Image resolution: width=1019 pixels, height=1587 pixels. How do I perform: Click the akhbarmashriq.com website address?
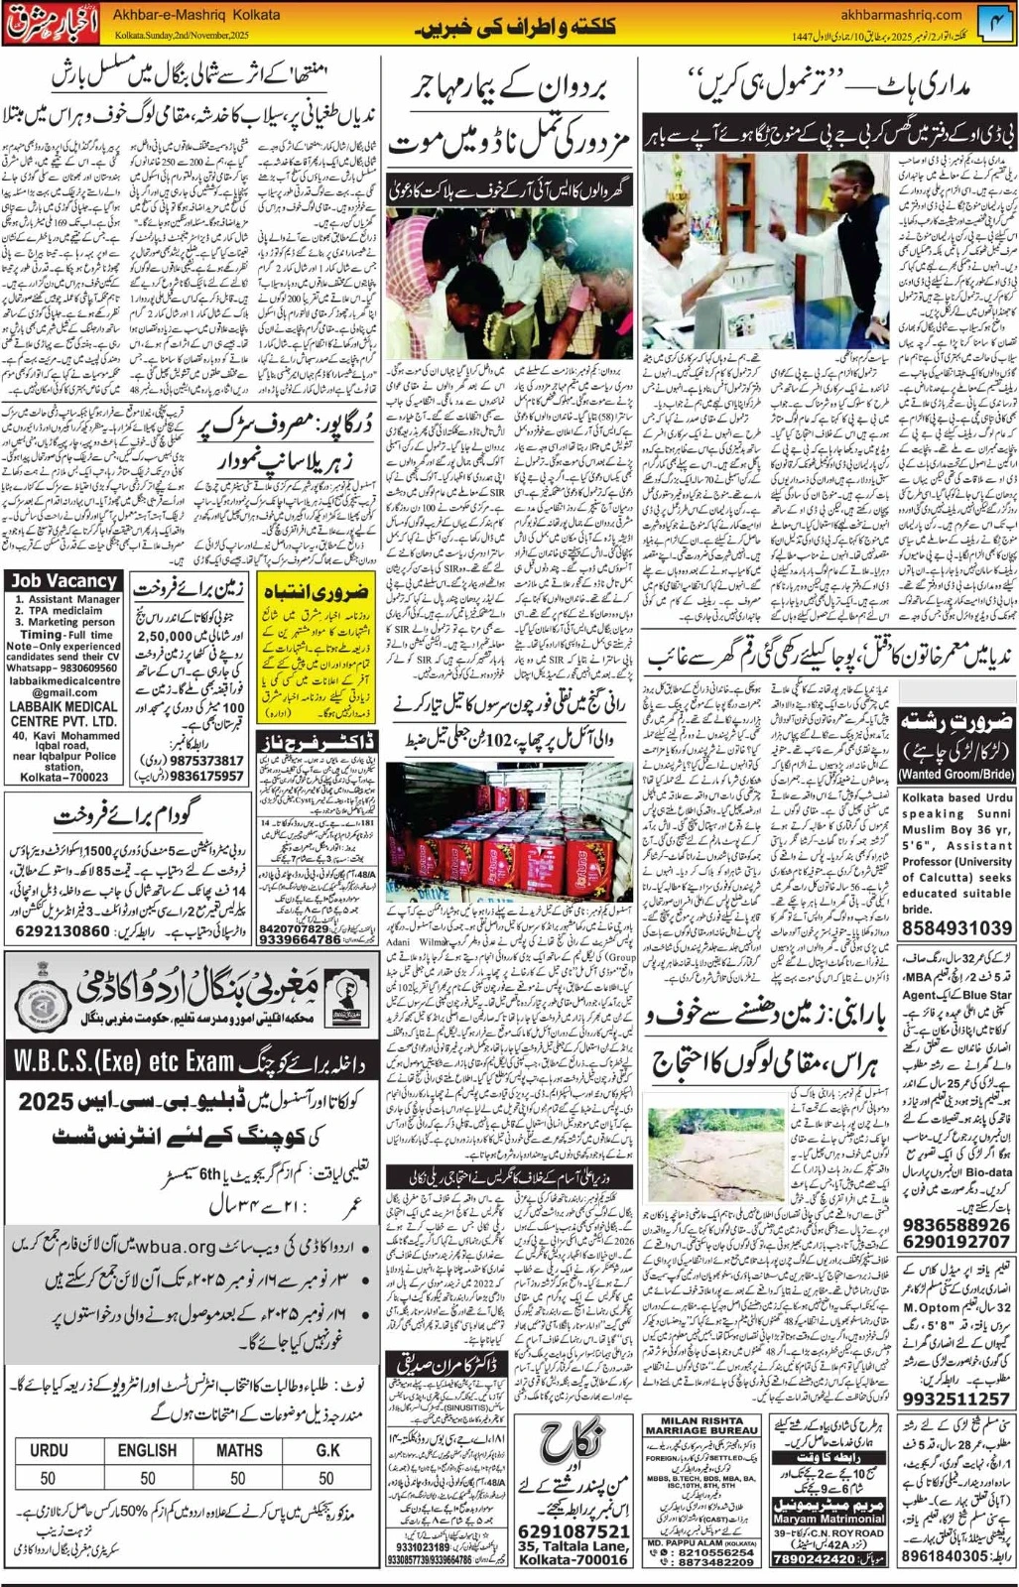tap(900, 14)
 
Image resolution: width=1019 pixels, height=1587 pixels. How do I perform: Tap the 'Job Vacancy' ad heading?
tap(64, 581)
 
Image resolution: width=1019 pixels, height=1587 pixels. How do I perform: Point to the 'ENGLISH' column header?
tap(147, 1450)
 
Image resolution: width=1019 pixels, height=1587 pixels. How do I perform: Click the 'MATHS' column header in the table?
tap(239, 1450)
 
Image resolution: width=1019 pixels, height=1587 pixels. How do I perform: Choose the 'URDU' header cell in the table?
tap(49, 1450)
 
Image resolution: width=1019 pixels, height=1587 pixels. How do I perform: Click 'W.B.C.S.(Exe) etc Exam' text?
tap(123, 1062)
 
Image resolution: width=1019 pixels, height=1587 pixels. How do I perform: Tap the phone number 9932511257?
tap(956, 1399)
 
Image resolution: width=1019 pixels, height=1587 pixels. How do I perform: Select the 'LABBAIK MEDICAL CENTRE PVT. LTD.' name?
tap(64, 713)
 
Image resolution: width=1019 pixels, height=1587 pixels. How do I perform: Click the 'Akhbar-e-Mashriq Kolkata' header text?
tap(197, 15)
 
